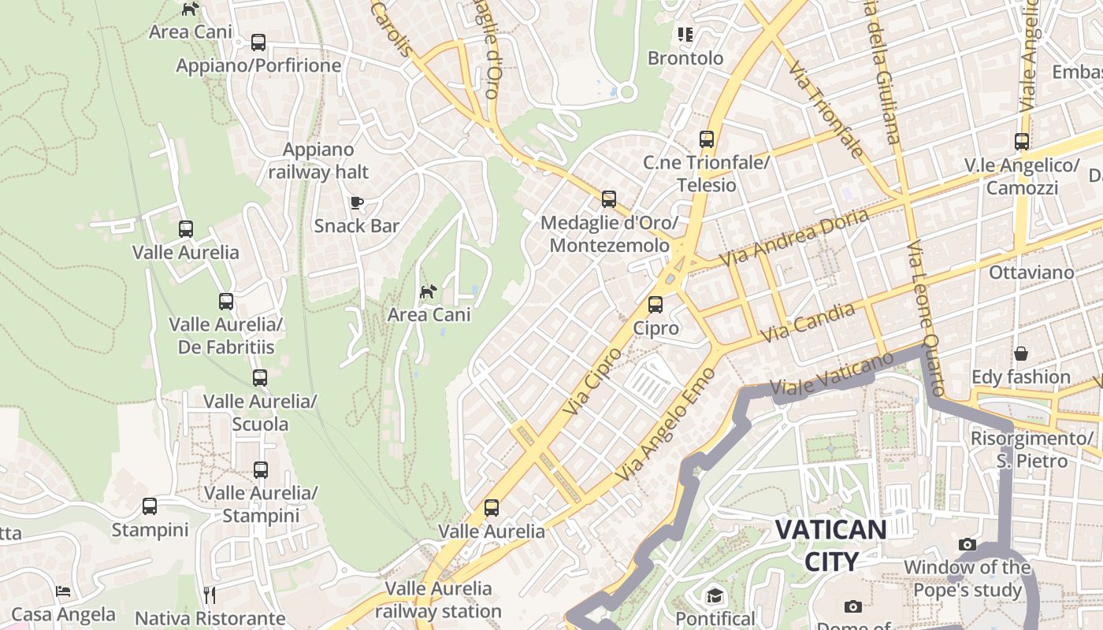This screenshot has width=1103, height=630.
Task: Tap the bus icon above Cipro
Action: pos(655,304)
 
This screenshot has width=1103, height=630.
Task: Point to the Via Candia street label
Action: pos(808,323)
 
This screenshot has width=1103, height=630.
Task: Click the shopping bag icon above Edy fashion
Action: pos(1021,354)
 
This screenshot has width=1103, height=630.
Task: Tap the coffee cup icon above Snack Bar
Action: pos(357,202)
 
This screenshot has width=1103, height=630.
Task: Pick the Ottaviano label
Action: pos(1031,272)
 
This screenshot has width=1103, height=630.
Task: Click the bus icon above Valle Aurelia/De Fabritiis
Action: pos(226,301)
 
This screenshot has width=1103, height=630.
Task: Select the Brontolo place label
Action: pos(685,58)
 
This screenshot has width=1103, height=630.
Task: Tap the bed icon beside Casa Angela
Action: pos(64,591)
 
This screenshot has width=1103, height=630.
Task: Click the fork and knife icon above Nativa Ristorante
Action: pos(210,594)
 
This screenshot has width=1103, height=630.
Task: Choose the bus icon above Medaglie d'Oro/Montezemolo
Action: pos(608,199)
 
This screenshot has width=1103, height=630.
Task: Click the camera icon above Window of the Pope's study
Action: pos(967,544)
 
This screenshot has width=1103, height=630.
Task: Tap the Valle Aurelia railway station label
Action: pos(438,599)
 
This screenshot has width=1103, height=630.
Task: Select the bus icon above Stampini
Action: pos(150,506)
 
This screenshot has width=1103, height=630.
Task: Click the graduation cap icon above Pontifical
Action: pos(715,595)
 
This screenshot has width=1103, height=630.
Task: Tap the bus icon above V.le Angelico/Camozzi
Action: pos(1022,142)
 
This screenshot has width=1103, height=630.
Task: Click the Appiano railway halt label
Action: pos(318,161)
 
